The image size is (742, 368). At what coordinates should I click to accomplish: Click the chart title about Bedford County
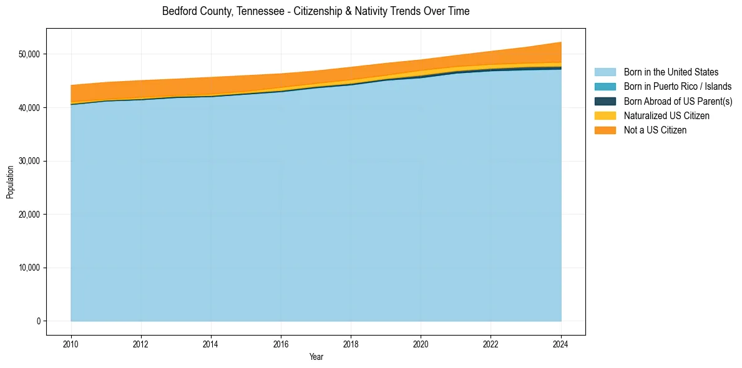coord(315,11)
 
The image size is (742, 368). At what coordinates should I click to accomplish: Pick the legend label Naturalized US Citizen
coord(666,115)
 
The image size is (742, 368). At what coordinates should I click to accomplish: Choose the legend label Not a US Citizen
coord(655,130)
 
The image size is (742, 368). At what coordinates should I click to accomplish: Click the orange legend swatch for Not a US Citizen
coord(605,130)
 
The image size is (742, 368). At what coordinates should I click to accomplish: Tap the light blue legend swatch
coord(605,72)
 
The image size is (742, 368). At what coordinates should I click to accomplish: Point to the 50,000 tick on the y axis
coord(29,54)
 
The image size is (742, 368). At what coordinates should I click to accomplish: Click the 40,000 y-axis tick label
coord(29,108)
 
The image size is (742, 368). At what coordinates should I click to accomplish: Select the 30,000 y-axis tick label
coord(29,161)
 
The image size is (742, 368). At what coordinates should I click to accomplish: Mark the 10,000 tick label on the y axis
coord(29,268)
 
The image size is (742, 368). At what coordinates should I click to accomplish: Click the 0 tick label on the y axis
coord(38,321)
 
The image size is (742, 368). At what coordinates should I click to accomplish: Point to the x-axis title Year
coord(316,357)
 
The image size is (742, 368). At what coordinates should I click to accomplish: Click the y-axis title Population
coord(10,182)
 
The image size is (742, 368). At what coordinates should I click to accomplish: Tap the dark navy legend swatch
coord(605,101)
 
